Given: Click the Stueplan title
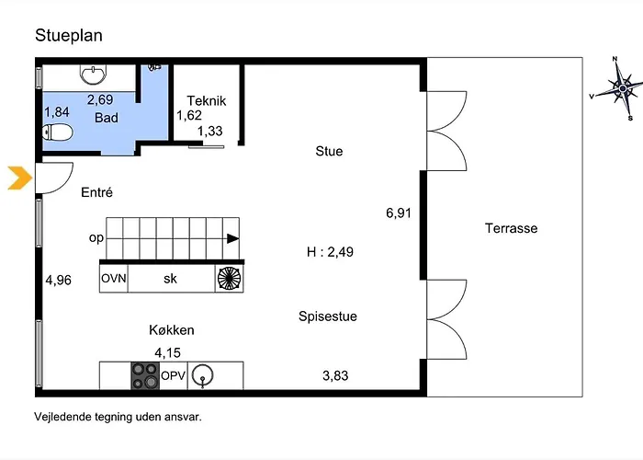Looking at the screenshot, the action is coord(69,36).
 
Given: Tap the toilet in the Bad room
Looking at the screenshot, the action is coord(58,132).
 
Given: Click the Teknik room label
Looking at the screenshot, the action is coord(207,100).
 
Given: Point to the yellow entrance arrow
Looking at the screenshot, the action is coord(19,178).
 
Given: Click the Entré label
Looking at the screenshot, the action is coord(96,192).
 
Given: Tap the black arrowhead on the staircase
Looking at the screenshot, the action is coord(233,238).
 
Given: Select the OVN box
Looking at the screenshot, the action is coord(114,279).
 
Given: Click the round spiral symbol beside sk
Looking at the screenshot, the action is coord(229,279).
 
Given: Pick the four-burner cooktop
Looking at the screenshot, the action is coord(145,375).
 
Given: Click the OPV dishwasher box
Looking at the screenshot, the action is coord(173,375).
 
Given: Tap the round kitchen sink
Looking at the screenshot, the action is coord(203,375).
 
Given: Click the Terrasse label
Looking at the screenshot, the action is coord(511,228).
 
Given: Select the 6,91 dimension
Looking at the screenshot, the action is coord(398,213).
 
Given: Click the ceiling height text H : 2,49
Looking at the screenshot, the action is coord(330,252).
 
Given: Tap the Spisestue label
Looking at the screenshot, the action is coord(328,316).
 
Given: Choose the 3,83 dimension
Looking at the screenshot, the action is coord(335,375).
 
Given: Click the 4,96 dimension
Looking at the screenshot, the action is coord(58,280).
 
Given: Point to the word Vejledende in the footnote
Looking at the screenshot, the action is coord(62,417).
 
